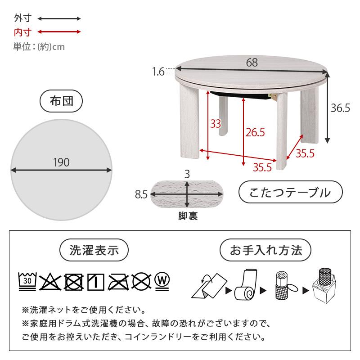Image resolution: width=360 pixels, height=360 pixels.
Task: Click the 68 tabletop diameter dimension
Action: tap(252, 63)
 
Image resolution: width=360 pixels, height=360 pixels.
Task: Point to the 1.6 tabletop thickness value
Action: tap(158, 71)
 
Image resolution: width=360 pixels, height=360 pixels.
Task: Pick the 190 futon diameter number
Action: tap(61, 163)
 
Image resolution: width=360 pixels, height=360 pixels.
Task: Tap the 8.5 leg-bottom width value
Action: tap(141, 194)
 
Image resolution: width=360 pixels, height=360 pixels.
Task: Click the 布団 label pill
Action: tap(61, 101)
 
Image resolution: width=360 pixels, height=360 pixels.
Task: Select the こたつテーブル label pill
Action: tap(290, 193)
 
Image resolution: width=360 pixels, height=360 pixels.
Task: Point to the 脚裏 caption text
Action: tap(187, 216)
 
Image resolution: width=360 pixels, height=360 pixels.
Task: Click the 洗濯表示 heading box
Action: tap(94, 250)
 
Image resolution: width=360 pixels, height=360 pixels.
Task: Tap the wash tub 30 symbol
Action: tap(27, 281)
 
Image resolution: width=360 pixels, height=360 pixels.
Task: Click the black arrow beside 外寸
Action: tap(59, 19)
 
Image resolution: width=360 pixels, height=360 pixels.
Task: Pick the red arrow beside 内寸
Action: tap(59, 32)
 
